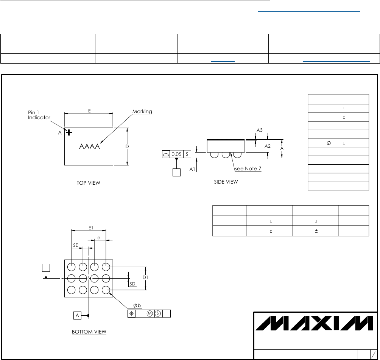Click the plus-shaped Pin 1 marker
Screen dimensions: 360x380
click(x=69, y=132)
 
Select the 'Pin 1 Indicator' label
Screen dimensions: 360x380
click(x=39, y=115)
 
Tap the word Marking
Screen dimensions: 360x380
click(x=142, y=112)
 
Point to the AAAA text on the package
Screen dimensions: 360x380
click(x=89, y=147)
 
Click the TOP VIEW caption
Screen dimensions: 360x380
click(x=88, y=183)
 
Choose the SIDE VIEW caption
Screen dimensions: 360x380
click(x=226, y=182)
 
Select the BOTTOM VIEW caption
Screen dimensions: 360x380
click(x=89, y=332)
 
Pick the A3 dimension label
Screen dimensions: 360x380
click(x=260, y=130)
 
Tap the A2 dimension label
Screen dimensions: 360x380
click(x=268, y=146)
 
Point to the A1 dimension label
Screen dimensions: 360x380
click(x=193, y=169)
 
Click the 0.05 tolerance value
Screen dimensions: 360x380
click(x=176, y=154)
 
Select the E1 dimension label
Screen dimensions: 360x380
click(x=91, y=228)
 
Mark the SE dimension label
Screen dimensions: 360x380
click(x=75, y=245)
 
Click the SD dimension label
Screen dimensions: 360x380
click(x=132, y=284)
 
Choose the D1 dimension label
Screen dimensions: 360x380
click(x=146, y=277)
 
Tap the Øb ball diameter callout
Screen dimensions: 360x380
click(x=137, y=305)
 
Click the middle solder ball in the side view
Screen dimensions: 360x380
click(x=226, y=155)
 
